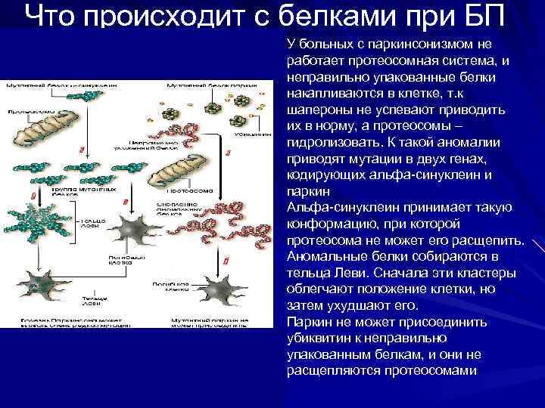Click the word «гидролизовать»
[328, 143]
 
